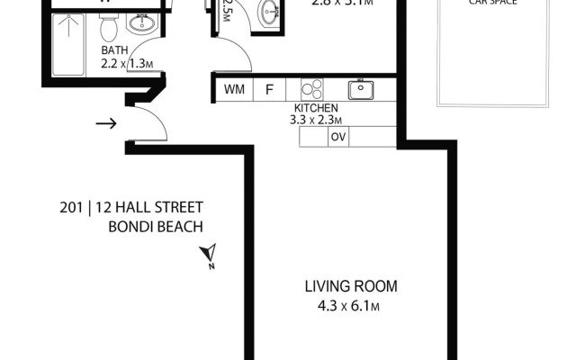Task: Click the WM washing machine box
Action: point(234,89)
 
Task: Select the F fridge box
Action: point(269,89)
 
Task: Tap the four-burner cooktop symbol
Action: point(311,89)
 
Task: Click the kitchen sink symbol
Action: point(362,89)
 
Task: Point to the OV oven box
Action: point(338,137)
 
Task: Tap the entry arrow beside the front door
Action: point(105,123)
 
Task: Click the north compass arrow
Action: point(210,255)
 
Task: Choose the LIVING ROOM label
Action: point(350,287)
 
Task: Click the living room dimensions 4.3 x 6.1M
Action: point(342,306)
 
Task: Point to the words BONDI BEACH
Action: point(155,227)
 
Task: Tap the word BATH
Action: point(113,50)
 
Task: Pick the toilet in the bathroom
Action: point(109,29)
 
